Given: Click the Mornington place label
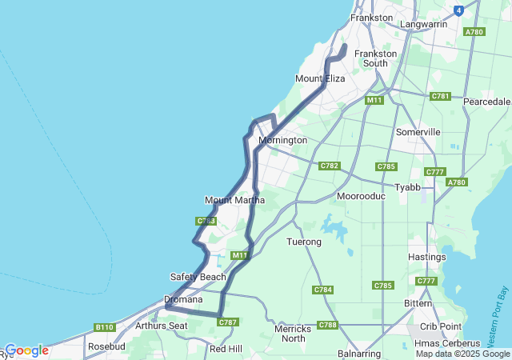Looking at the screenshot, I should click(282, 140).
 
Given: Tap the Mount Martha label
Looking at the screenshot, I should click(234, 200).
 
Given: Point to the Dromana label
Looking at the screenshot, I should click(178, 300).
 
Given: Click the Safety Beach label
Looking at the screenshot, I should click(198, 277).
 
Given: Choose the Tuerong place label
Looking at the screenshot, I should click(303, 242).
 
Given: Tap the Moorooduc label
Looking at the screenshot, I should click(361, 196).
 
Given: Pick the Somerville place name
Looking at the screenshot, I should click(418, 132).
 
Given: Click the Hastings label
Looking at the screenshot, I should click(426, 257).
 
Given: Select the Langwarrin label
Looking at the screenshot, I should click(423, 25).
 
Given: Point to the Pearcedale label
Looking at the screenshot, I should click(487, 102).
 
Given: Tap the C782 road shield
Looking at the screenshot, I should click(329, 166).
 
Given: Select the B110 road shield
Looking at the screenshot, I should click(104, 327).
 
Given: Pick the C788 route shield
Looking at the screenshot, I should click(327, 325).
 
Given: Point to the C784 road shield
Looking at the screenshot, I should click(323, 290).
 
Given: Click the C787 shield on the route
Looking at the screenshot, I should click(227, 322).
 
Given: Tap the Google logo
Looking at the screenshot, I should click(26, 350).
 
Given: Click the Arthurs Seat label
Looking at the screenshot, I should click(161, 326).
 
